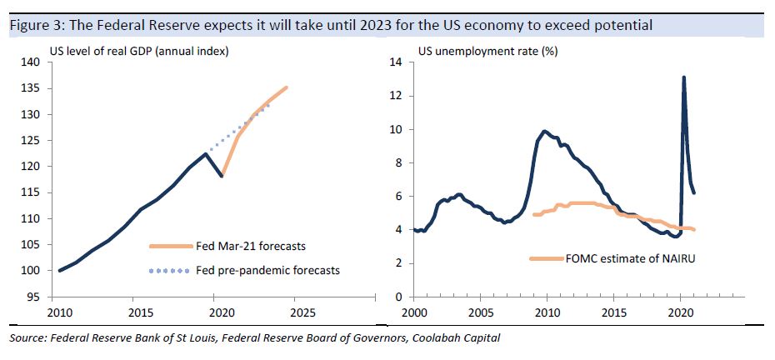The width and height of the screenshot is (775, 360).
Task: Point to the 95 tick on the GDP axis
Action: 32,297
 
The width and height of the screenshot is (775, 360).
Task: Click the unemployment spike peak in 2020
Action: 683,77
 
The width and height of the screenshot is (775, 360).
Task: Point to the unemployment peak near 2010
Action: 544,131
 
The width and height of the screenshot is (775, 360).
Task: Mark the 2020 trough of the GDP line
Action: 222,176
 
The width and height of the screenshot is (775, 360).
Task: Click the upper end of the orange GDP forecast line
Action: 287,87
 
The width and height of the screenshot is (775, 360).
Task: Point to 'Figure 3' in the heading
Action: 32,26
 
